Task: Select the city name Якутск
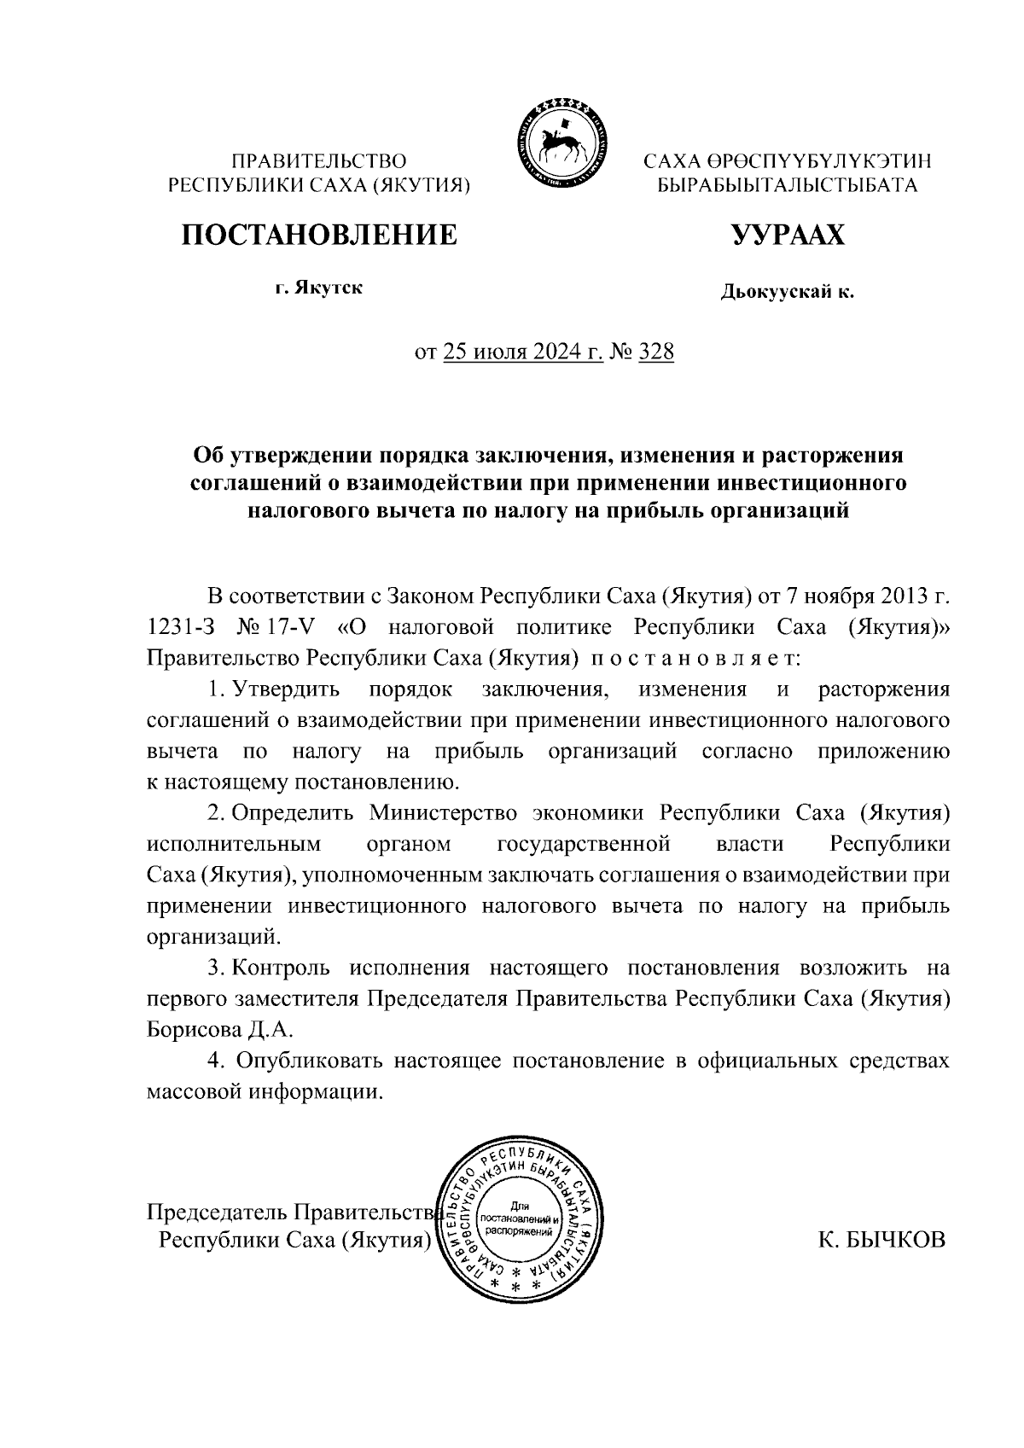pyautogui.click(x=329, y=288)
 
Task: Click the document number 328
pyautogui.click(x=655, y=352)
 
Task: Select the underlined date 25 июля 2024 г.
pyautogui.click(x=523, y=352)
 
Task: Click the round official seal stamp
pyautogui.click(x=520, y=1225)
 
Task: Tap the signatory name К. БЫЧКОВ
pyautogui.click(x=882, y=1240)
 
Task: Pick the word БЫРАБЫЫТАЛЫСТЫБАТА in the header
pyautogui.click(x=786, y=185)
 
